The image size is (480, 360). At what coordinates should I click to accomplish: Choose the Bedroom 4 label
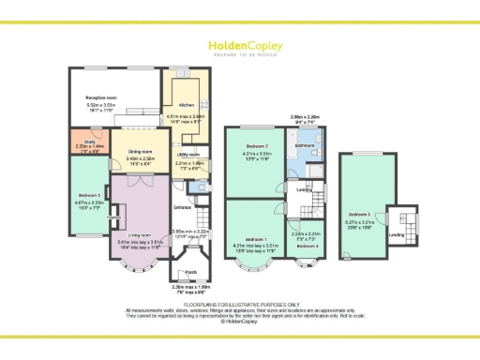tap(307, 246)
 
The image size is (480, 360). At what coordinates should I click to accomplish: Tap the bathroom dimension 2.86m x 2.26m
tap(305, 116)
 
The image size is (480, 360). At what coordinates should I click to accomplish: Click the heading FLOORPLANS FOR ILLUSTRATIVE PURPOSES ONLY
tap(240, 304)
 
